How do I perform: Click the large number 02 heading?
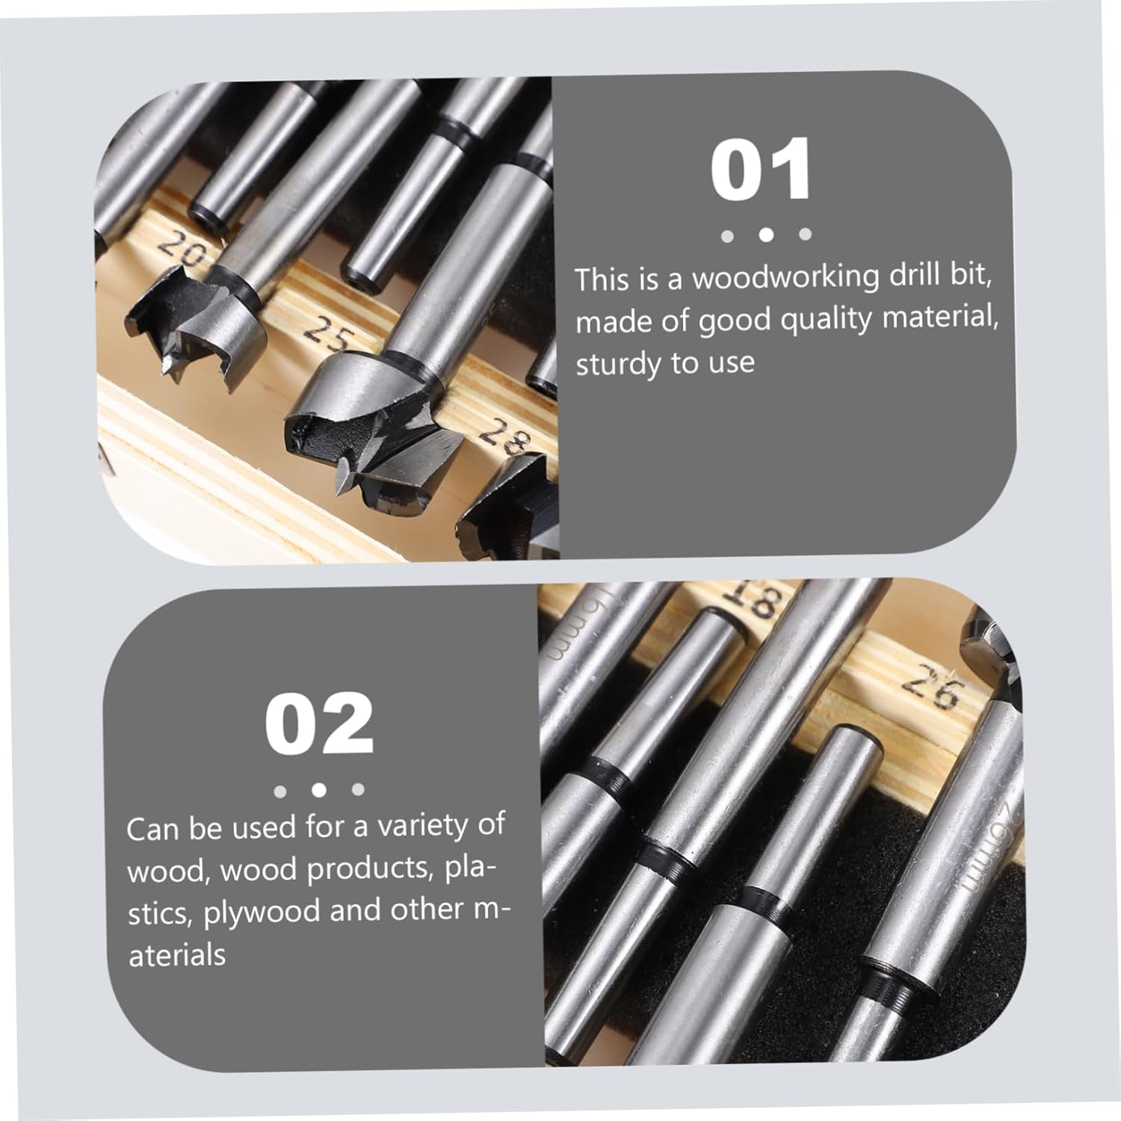(319, 724)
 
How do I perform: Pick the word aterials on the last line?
(177, 955)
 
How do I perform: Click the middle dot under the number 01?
(765, 235)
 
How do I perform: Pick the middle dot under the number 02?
(319, 789)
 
